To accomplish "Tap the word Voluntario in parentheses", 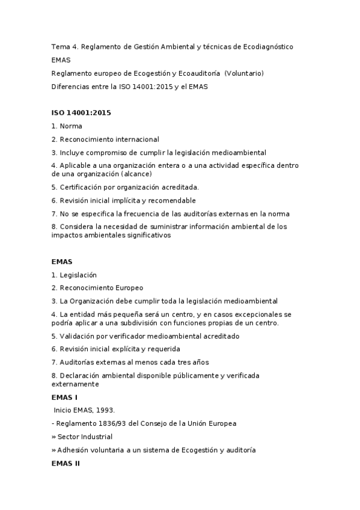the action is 243,73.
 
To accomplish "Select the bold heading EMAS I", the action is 64,398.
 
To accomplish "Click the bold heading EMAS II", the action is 66,464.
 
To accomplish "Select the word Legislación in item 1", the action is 78,275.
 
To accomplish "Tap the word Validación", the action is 79,336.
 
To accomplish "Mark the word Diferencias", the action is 70,87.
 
